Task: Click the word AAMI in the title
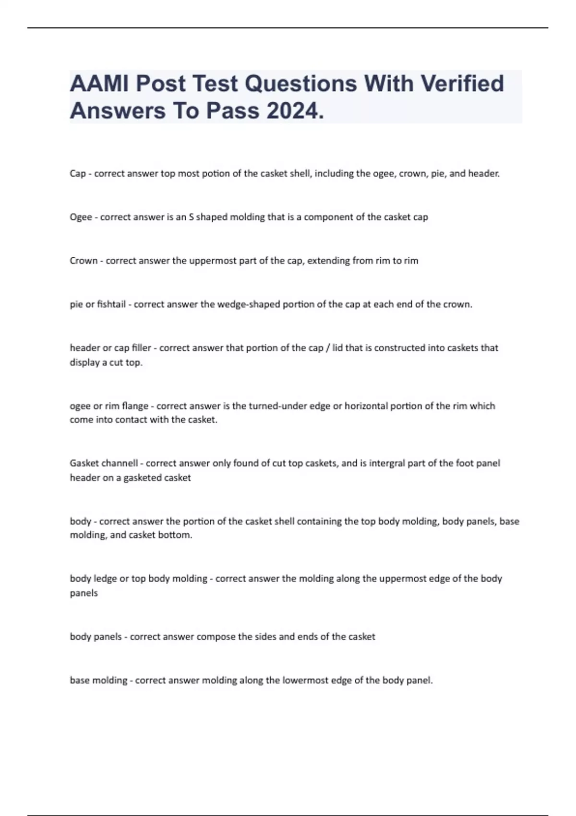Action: click(100, 84)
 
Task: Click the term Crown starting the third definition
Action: click(84, 261)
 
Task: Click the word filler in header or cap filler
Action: click(142, 348)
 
